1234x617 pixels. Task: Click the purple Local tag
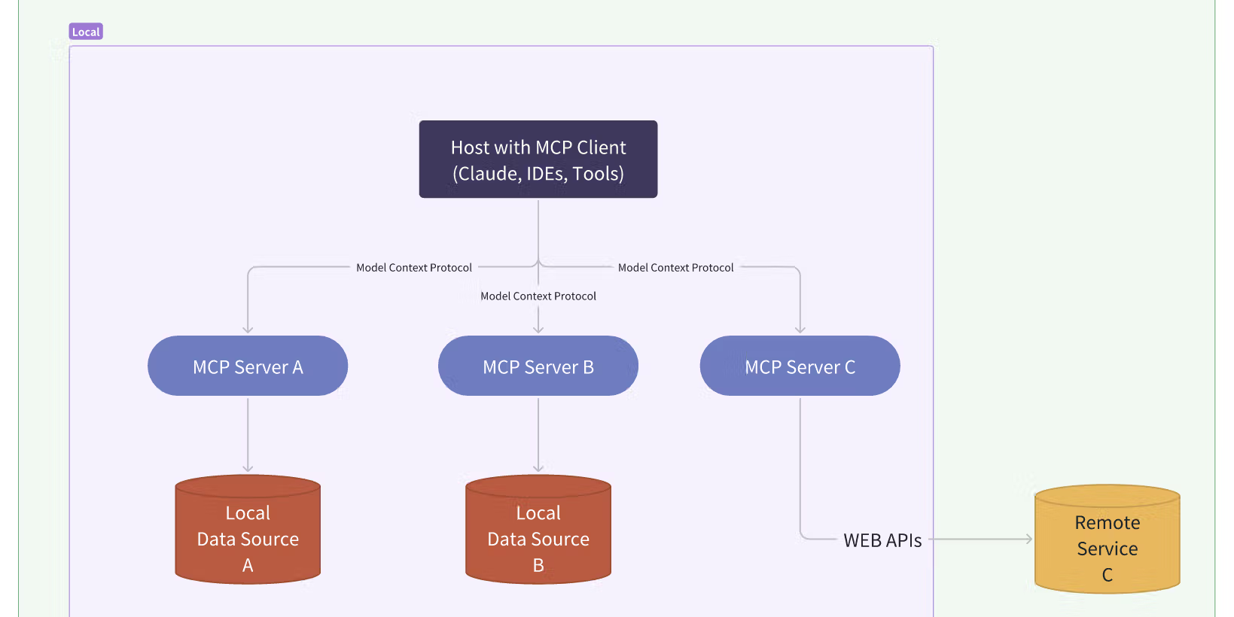coord(86,32)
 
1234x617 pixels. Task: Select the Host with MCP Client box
coord(538,160)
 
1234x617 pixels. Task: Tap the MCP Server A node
coord(248,366)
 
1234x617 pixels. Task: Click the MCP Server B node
coord(538,366)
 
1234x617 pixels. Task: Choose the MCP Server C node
coord(800,366)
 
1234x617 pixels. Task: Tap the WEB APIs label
coord(882,540)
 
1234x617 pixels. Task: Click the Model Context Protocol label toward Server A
coord(413,268)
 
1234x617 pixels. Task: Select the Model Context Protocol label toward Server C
coord(675,268)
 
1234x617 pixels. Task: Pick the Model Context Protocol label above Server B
coord(538,296)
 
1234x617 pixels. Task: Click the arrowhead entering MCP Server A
coord(248,330)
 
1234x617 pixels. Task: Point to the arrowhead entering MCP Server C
coord(800,330)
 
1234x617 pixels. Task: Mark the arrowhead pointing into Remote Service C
coord(1028,539)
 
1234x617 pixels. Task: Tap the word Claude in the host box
coord(489,174)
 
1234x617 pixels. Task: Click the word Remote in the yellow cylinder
coord(1107,522)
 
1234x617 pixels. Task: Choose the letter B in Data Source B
coord(538,565)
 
